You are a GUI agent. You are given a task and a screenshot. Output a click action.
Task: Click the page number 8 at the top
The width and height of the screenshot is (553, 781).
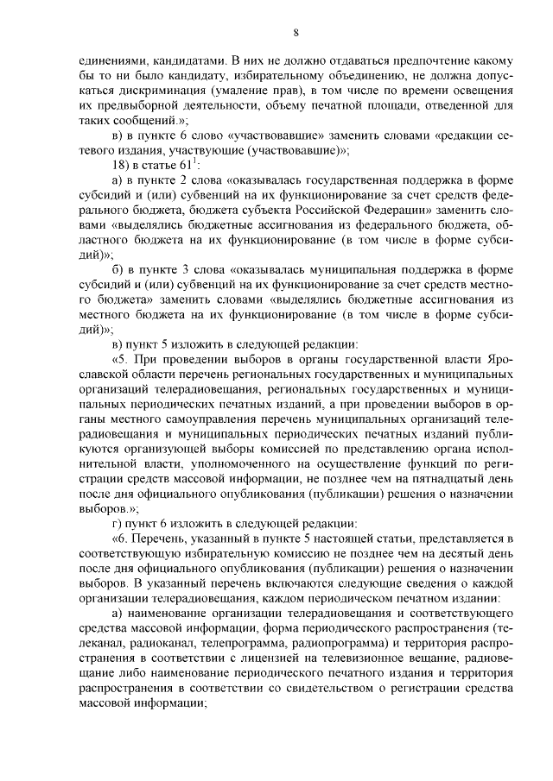pyautogui.click(x=296, y=34)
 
